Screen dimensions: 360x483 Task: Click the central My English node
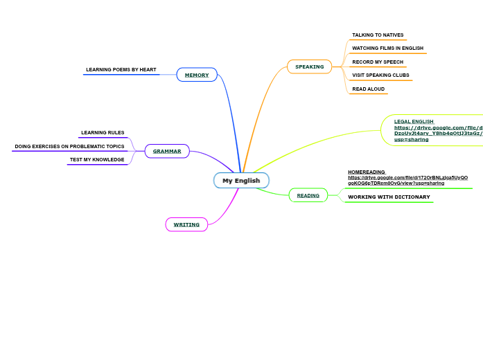point(241,181)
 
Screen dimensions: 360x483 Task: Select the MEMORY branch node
point(197,75)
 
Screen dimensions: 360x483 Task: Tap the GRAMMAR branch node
point(167,151)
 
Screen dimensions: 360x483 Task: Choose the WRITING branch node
point(186,224)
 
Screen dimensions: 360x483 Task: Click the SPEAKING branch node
point(309,66)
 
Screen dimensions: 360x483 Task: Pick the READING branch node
point(308,195)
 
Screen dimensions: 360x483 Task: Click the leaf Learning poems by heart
point(121,70)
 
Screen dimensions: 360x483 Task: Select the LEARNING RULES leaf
point(103,132)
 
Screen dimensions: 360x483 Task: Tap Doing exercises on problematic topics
point(69,146)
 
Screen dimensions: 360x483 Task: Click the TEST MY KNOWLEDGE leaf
point(96,159)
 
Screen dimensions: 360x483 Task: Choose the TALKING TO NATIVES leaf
point(378,35)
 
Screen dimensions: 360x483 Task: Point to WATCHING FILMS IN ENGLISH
point(387,48)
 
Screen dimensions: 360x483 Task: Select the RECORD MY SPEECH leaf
point(378,62)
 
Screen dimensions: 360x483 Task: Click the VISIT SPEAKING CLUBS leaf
point(380,75)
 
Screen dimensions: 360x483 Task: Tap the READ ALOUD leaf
point(368,89)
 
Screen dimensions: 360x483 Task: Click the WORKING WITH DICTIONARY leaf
point(389,197)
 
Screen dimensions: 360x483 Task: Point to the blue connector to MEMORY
point(230,118)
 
